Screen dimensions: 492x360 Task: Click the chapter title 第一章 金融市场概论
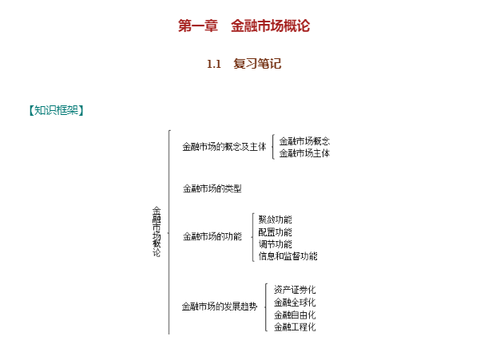click(244, 26)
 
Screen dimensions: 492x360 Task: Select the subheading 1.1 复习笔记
click(244, 64)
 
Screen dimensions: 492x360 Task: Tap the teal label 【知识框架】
click(57, 110)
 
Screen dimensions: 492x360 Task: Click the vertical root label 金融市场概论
click(157, 231)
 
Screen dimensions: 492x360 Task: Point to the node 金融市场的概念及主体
click(224, 147)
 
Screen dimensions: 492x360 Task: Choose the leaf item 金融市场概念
click(304, 141)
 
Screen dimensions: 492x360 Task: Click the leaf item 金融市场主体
click(304, 153)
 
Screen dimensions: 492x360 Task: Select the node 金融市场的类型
click(212, 188)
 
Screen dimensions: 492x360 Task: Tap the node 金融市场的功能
click(212, 236)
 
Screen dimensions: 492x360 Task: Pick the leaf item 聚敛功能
click(276, 220)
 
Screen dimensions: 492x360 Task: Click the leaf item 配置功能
click(276, 232)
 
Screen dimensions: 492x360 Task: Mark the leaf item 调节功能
click(276, 244)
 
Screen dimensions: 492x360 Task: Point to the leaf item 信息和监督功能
click(288, 256)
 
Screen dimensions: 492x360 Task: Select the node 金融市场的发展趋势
click(220, 307)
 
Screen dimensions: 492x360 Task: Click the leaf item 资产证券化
click(295, 290)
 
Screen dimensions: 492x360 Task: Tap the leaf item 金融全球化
click(295, 303)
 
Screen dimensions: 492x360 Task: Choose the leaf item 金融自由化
click(295, 315)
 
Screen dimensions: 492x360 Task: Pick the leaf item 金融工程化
click(295, 327)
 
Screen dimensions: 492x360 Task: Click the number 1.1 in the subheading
click(214, 65)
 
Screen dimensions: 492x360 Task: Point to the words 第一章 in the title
click(198, 26)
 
